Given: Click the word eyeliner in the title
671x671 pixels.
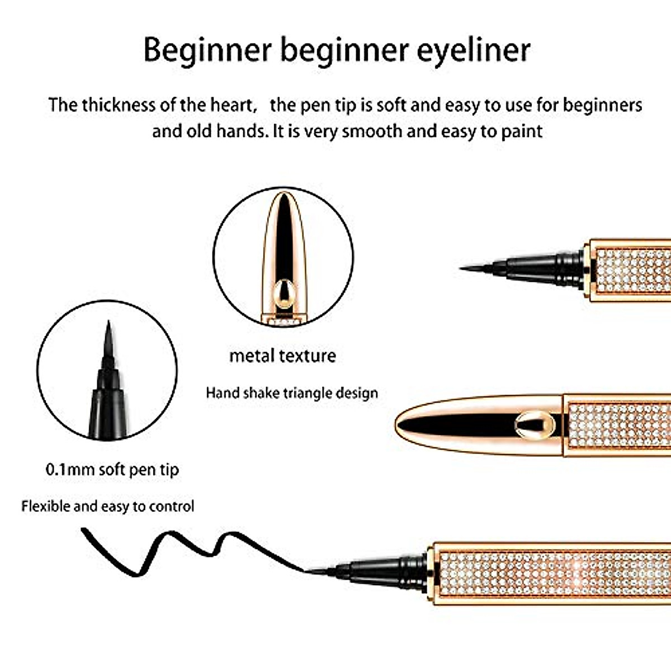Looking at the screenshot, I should [x=473, y=50].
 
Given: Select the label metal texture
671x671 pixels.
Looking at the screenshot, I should [x=282, y=356].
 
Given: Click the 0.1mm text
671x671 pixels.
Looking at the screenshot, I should [x=70, y=469].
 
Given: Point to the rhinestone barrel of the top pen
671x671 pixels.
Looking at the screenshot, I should [x=632, y=271].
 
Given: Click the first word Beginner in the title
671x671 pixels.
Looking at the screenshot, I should [x=207, y=50].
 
